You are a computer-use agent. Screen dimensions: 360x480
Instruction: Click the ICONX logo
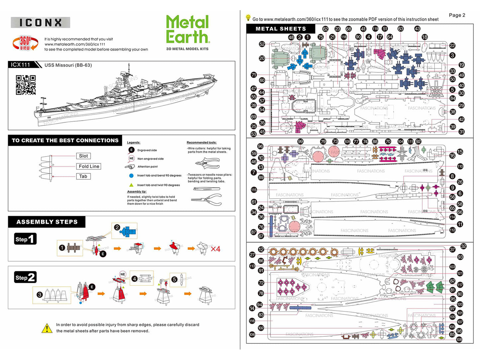(x=40, y=23)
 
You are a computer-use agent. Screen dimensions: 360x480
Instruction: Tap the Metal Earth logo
(x=188, y=30)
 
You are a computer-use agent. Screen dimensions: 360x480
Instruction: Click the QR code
(x=26, y=85)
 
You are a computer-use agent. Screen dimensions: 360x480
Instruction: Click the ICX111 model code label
(x=21, y=65)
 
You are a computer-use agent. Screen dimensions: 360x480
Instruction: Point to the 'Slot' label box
(x=83, y=156)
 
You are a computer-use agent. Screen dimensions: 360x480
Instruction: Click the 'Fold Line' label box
(x=89, y=166)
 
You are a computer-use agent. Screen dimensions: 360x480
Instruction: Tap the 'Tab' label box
(x=83, y=176)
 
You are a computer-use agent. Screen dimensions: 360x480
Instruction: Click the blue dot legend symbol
(x=131, y=175)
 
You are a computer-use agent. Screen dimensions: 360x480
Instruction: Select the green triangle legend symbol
(x=131, y=185)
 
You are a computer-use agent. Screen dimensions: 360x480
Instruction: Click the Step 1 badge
(x=25, y=239)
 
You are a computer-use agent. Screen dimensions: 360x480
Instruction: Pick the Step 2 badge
(x=25, y=277)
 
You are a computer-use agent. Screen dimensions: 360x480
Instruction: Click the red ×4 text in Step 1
(x=215, y=249)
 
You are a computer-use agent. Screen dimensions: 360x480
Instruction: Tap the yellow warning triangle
(x=47, y=328)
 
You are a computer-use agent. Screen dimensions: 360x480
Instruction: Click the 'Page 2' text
(x=457, y=15)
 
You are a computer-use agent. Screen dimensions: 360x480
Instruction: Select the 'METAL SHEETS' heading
(x=281, y=29)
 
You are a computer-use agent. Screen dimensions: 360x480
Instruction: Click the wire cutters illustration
(x=207, y=163)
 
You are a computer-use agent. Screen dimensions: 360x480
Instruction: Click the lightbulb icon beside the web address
(x=248, y=18)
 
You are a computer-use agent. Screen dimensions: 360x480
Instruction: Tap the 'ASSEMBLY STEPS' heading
(x=47, y=222)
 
